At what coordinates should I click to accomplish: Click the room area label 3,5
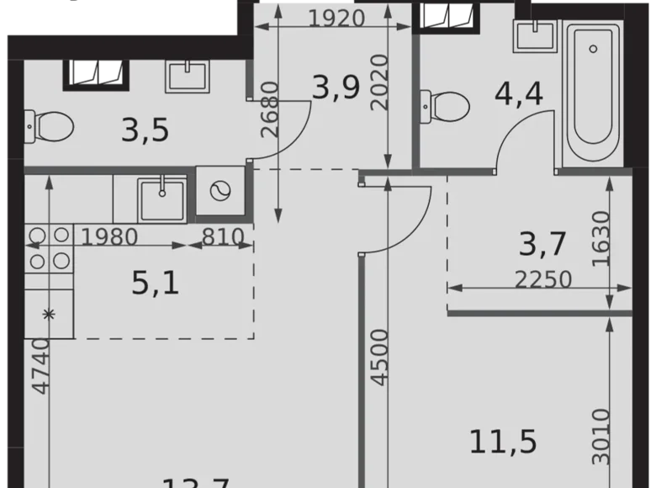click(145, 130)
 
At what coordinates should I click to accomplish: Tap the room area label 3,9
click(341, 87)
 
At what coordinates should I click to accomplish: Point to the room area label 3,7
click(542, 245)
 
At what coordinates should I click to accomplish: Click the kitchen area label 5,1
click(156, 284)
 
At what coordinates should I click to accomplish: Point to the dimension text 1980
click(110, 236)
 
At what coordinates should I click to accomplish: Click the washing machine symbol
click(220, 192)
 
